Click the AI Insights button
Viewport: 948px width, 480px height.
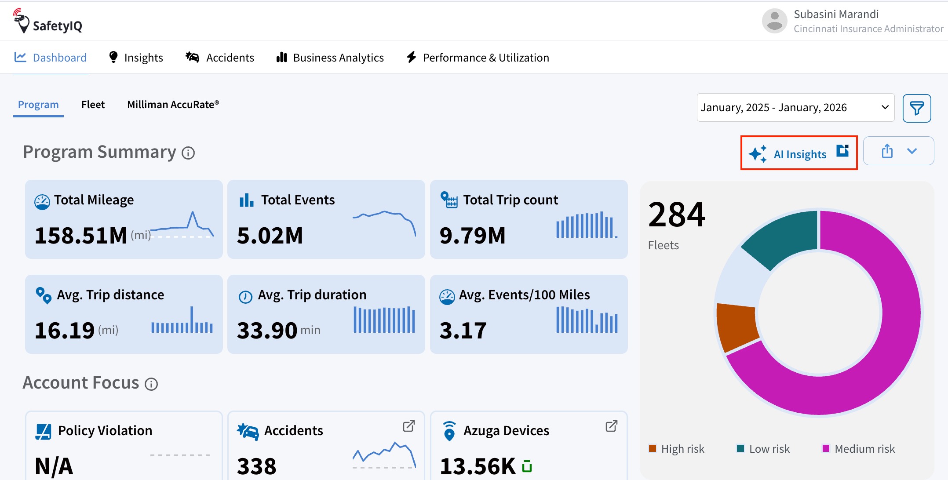point(799,153)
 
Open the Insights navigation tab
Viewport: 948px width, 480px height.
point(136,58)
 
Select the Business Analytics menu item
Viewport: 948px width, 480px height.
point(330,58)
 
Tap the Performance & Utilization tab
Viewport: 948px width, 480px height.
point(478,58)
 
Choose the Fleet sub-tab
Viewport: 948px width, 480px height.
point(93,105)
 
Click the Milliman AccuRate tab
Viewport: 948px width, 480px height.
point(173,105)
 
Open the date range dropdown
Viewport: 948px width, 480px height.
point(795,107)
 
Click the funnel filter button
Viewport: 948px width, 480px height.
point(917,108)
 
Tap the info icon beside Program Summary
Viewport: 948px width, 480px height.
point(188,153)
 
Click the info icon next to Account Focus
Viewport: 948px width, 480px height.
point(151,384)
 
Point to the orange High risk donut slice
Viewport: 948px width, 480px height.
point(737,326)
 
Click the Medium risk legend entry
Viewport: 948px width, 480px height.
point(858,449)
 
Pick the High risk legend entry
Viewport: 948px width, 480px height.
point(677,449)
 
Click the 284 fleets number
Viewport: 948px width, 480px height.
point(677,215)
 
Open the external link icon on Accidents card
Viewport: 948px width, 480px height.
point(409,426)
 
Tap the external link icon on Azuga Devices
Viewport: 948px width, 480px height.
point(612,426)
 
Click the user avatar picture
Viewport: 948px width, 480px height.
point(775,21)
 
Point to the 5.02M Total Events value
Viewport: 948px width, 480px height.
point(270,236)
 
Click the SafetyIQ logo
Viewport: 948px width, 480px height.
point(47,21)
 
